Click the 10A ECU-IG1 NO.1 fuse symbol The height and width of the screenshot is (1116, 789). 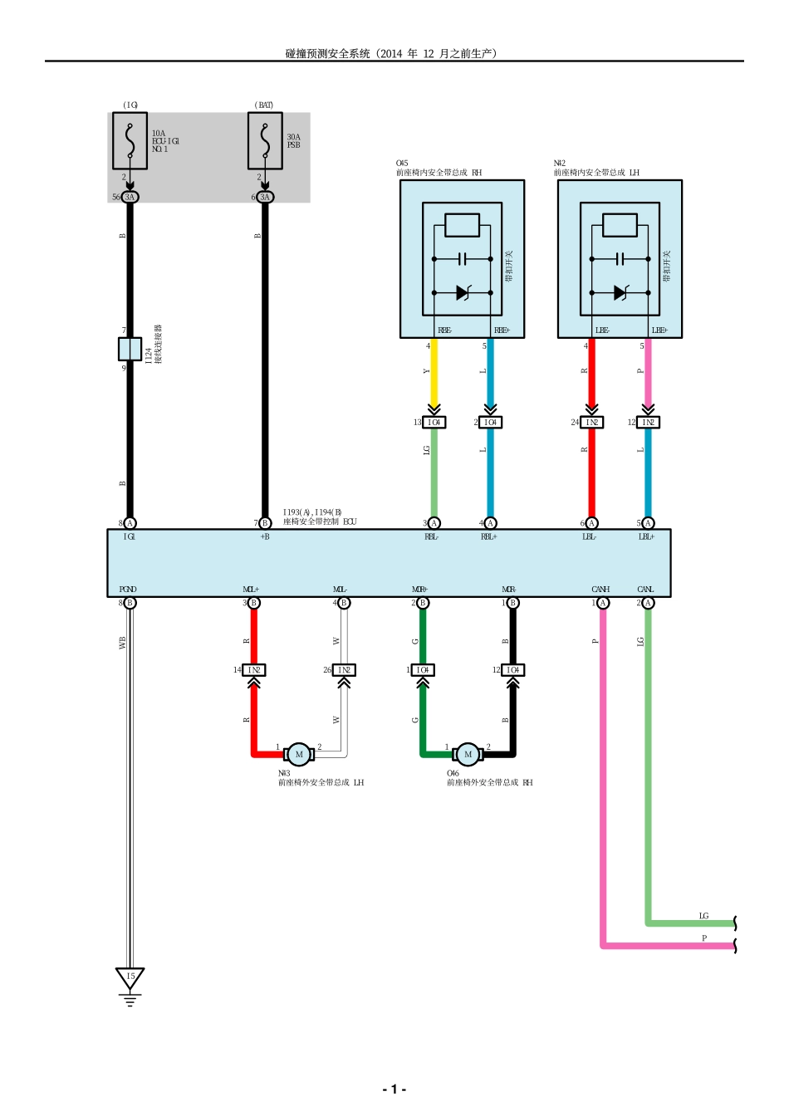coord(130,141)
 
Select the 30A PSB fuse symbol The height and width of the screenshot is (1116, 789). coord(265,141)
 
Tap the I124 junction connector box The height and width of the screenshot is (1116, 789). coord(130,349)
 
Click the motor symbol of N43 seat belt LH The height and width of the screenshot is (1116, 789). coord(299,754)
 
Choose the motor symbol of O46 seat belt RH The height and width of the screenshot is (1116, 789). coord(468,754)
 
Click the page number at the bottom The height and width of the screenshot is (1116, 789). coord(394,1089)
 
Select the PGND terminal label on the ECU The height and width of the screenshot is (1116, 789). coord(128,590)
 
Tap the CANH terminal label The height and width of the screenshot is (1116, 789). coord(600,590)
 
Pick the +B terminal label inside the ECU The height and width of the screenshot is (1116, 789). coord(265,537)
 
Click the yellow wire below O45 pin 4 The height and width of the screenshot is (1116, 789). coord(434,374)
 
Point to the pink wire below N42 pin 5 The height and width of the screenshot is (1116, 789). coord(648,374)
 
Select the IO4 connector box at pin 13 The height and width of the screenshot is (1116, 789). coord(434,422)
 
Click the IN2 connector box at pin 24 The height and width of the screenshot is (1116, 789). coord(591,422)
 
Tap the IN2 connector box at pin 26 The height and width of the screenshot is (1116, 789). coord(344,669)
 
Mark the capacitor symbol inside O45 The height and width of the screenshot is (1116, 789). coord(463,259)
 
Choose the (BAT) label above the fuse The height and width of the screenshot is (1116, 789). coord(264,105)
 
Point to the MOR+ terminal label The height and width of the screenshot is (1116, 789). coord(419,590)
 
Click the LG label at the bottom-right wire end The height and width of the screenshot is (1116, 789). coord(703,916)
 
